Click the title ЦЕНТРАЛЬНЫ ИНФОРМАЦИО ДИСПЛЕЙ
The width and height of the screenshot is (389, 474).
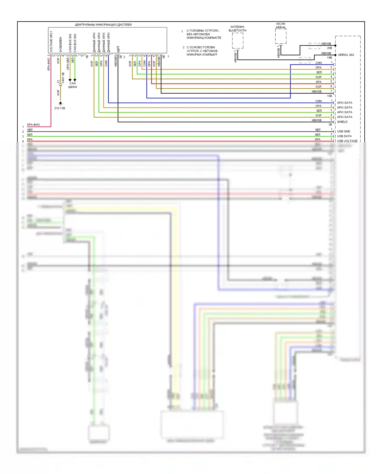pyautogui.click(x=103, y=25)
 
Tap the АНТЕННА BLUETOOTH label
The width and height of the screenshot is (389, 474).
pyautogui.click(x=237, y=29)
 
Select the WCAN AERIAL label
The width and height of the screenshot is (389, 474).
pyautogui.click(x=281, y=25)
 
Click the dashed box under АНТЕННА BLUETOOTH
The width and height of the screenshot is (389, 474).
pyautogui.click(x=238, y=41)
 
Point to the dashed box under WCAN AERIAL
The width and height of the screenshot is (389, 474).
pyautogui.click(x=281, y=36)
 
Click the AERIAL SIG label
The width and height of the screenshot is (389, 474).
pyautogui.click(x=346, y=55)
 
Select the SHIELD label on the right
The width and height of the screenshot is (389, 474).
pyautogui.click(x=342, y=122)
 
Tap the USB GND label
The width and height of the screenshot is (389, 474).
pyautogui.click(x=343, y=131)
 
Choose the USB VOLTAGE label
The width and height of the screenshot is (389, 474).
pyautogui.click(x=347, y=141)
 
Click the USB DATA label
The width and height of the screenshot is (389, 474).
pyautogui.click(x=344, y=136)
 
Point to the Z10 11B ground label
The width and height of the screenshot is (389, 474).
pyautogui.click(x=60, y=108)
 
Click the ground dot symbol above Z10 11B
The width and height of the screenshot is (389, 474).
pyautogui.click(x=60, y=103)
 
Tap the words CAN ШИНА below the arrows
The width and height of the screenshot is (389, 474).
pyautogui.click(x=73, y=85)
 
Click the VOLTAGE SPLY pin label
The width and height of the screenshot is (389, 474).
pyautogui.click(x=51, y=41)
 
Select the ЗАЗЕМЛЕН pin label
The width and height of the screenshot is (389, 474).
pyautogui.click(x=61, y=44)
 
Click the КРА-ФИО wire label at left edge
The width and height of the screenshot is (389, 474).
pyautogui.click(x=33, y=125)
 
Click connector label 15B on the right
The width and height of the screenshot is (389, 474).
pyautogui.click(x=329, y=96)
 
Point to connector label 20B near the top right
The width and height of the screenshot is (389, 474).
pyautogui.click(x=329, y=48)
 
